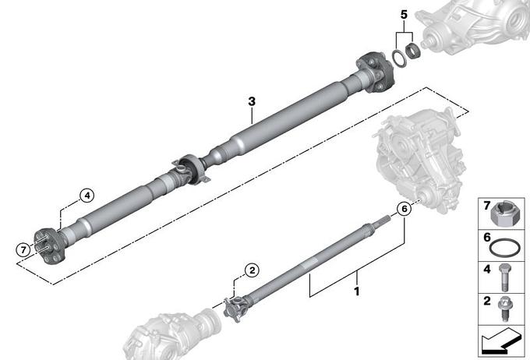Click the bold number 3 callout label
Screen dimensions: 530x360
pyautogui.click(x=252, y=101)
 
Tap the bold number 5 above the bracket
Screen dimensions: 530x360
pyautogui.click(x=404, y=15)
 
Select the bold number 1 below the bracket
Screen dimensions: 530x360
pyautogui.click(x=357, y=291)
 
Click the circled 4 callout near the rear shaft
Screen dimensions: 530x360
pyautogui.click(x=87, y=196)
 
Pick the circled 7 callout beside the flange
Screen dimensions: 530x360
pyautogui.click(x=23, y=250)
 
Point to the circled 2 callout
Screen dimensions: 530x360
pyautogui.click(x=253, y=270)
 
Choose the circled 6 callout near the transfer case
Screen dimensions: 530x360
pyautogui.click(x=405, y=209)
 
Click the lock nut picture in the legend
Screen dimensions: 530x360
pyautogui.click(x=503, y=214)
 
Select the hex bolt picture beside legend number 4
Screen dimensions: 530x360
pyautogui.click(x=504, y=277)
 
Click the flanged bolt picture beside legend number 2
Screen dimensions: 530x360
pyautogui.click(x=504, y=309)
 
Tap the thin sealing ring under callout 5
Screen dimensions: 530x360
pyautogui.click(x=399, y=58)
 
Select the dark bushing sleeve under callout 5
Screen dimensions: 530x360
pyautogui.click(x=412, y=51)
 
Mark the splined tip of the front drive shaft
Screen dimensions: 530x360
pyautogui.click(x=383, y=221)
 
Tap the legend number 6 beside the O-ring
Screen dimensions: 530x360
pyautogui.click(x=486, y=238)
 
